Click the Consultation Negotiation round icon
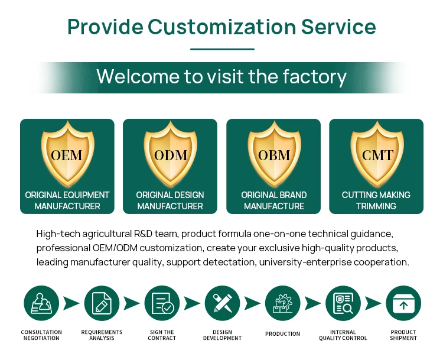41,303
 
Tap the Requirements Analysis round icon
102,303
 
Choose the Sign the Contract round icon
162,303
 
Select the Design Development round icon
222,303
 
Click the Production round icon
282,303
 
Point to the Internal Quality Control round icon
343,303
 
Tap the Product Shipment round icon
403,303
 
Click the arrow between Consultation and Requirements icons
71,304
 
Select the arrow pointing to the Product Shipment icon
373,304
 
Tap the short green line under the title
222,49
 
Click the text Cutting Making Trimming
376,200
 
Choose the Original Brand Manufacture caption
274,200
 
